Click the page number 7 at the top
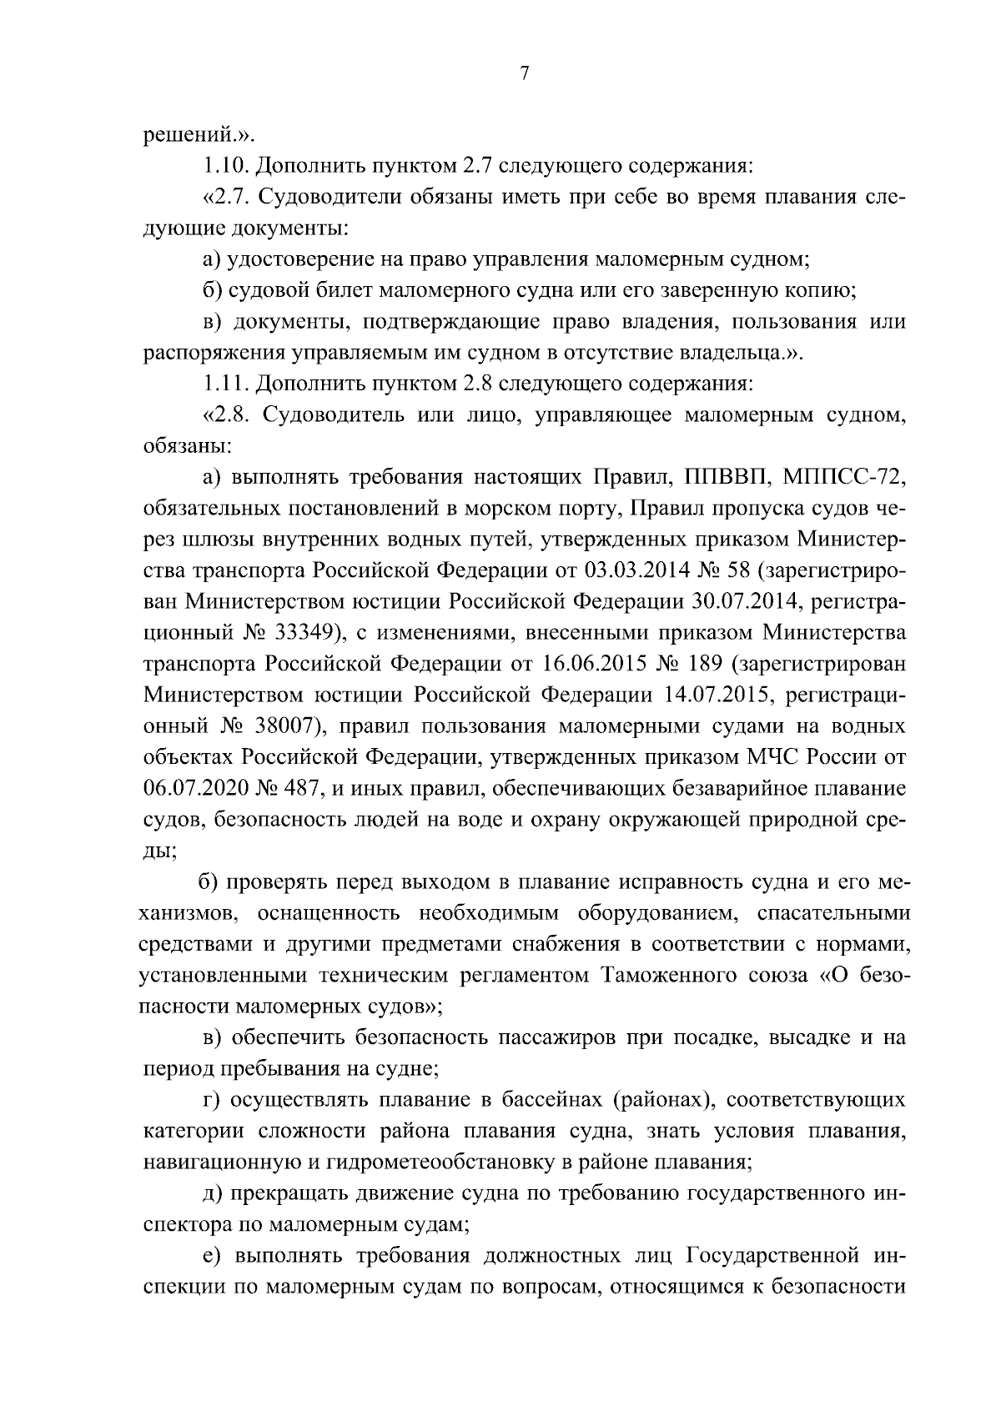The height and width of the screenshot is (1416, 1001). tap(524, 73)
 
